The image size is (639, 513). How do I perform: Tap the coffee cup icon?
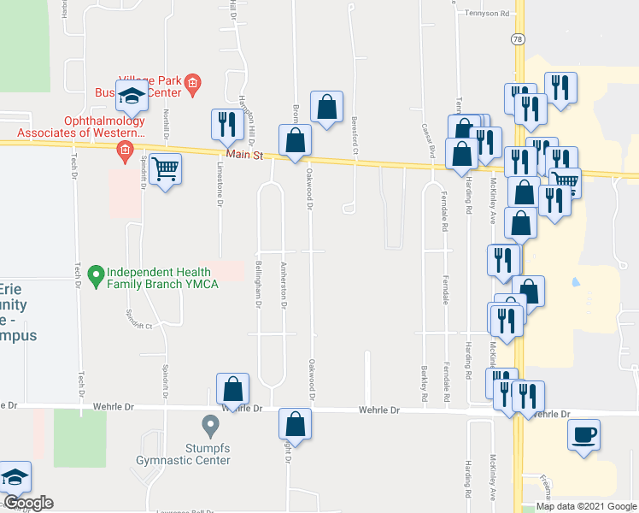584,435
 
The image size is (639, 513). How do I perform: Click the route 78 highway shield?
518,39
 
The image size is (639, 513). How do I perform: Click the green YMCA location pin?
97,276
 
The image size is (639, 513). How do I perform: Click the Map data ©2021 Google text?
586,506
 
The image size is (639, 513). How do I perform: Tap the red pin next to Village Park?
193,83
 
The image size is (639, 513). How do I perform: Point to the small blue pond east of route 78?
575,281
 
